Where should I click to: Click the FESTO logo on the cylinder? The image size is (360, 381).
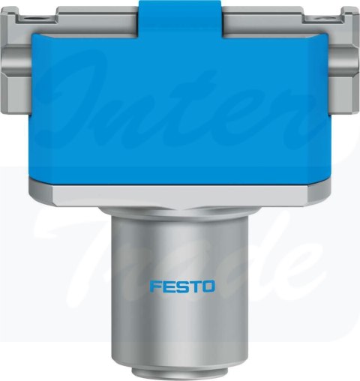pos(182,286)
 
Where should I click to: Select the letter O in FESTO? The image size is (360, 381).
pos(208,286)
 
